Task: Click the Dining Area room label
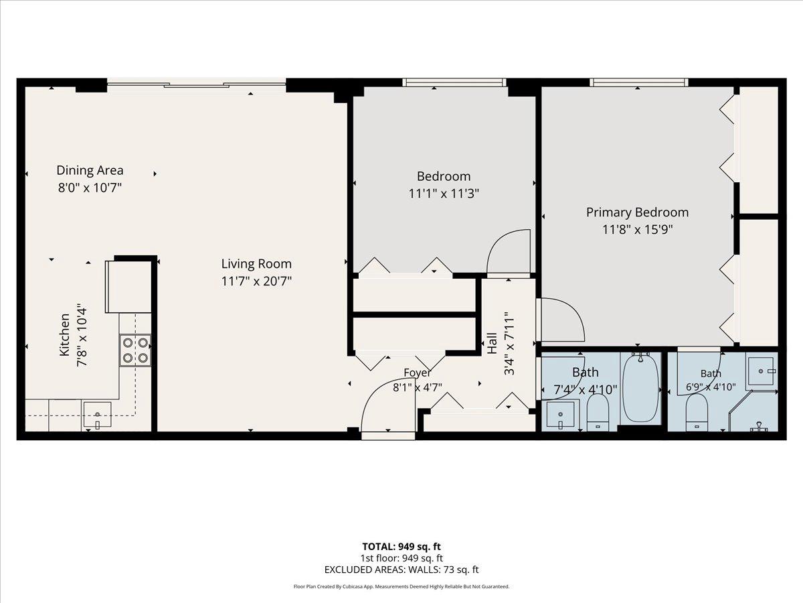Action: click(x=90, y=170)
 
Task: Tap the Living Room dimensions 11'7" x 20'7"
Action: click(x=256, y=281)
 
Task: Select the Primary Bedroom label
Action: click(x=637, y=212)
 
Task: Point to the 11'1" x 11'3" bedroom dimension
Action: click(x=444, y=194)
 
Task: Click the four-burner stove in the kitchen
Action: click(x=135, y=350)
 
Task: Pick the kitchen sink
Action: click(x=97, y=415)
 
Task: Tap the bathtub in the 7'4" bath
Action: click(x=640, y=388)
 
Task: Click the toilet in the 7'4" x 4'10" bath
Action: click(x=598, y=413)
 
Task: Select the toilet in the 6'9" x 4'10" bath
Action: click(x=697, y=413)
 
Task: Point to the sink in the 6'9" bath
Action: click(x=761, y=371)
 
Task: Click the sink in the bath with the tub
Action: click(x=561, y=415)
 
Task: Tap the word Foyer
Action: click(x=417, y=373)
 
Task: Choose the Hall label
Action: click(x=492, y=343)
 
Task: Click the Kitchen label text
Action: click(x=64, y=334)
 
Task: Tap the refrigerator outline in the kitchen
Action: click(x=128, y=287)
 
